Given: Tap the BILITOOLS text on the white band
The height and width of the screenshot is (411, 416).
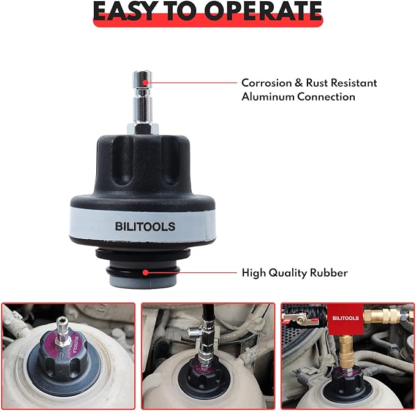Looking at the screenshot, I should (x=145, y=226).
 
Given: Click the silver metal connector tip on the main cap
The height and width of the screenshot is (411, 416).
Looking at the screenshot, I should (x=143, y=92).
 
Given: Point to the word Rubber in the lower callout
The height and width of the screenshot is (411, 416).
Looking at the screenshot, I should (x=330, y=272).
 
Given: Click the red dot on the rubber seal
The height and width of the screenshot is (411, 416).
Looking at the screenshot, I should (x=146, y=272).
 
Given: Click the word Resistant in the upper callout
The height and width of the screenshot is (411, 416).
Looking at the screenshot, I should (x=352, y=83).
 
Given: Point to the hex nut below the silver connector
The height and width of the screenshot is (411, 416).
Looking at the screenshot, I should (x=144, y=128).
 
